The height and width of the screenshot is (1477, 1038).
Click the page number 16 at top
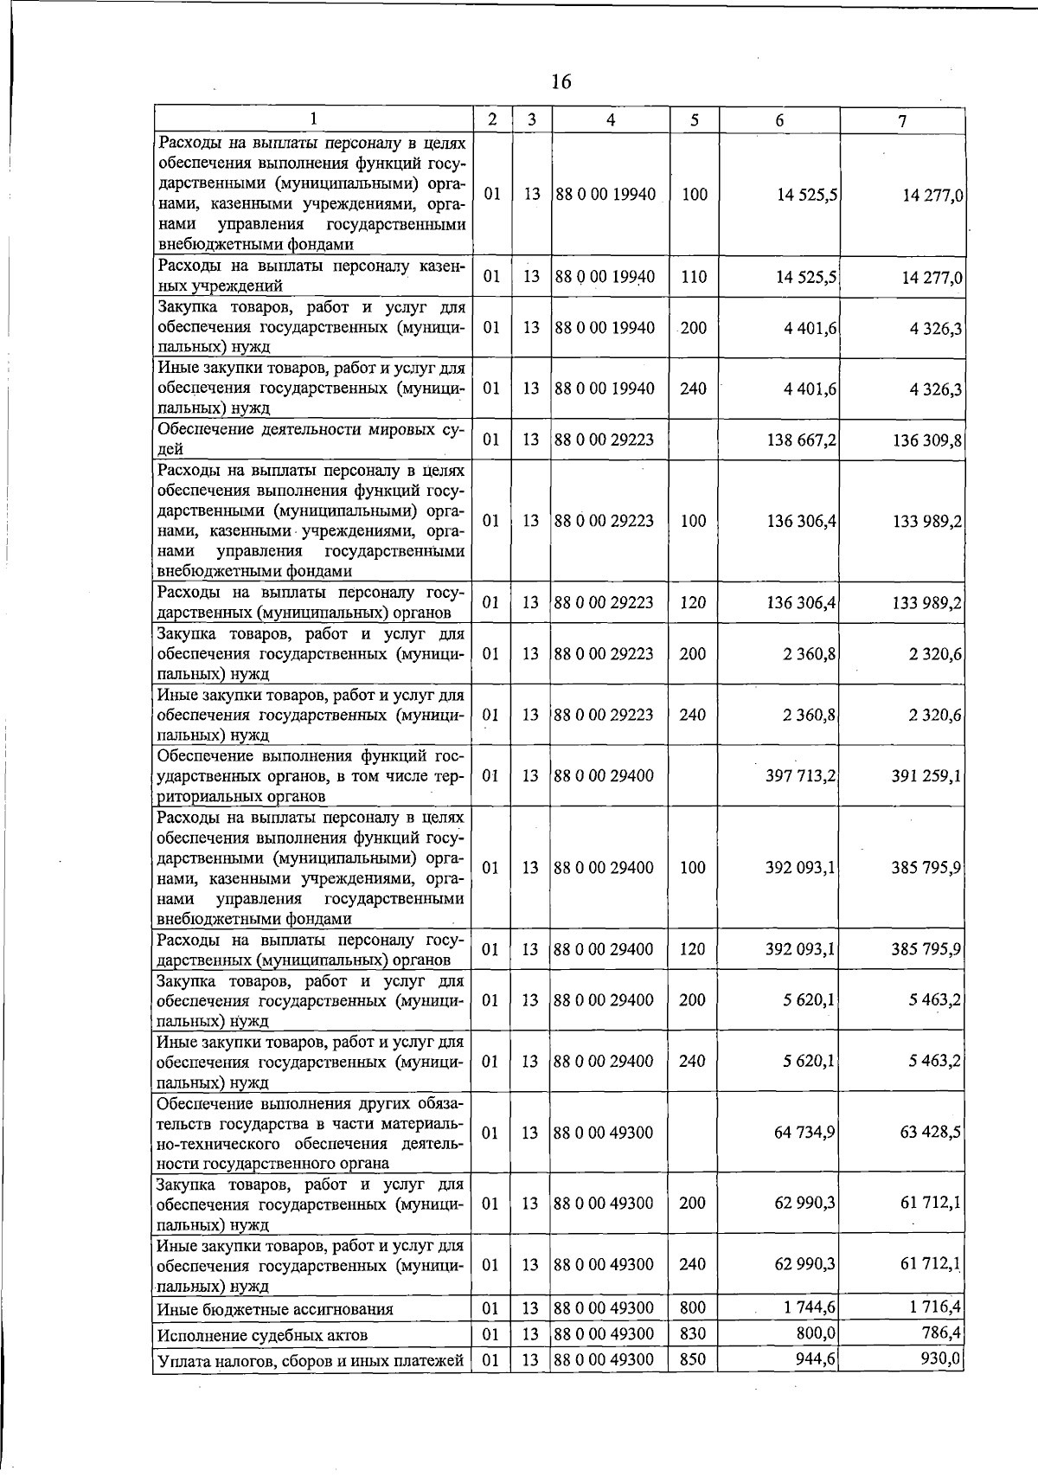point(561,82)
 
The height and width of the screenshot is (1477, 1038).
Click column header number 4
point(611,120)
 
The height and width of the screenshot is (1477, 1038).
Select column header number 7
point(902,121)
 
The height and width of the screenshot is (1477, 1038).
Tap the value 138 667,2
point(801,440)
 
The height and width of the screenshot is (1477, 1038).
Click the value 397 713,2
point(800,776)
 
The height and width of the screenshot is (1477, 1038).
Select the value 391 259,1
point(926,776)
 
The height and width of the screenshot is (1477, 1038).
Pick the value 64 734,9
point(804,1133)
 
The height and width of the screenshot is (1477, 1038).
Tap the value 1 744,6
point(810,1307)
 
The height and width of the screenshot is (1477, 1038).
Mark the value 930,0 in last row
point(940,1358)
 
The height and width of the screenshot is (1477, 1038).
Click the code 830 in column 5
point(693,1333)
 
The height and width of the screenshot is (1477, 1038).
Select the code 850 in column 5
point(693,1359)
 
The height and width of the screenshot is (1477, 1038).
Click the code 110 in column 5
point(694,277)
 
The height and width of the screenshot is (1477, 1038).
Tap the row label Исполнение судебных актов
point(262,1335)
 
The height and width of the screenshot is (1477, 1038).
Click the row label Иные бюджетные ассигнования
point(274,1309)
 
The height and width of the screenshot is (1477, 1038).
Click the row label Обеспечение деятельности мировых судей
point(311,439)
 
